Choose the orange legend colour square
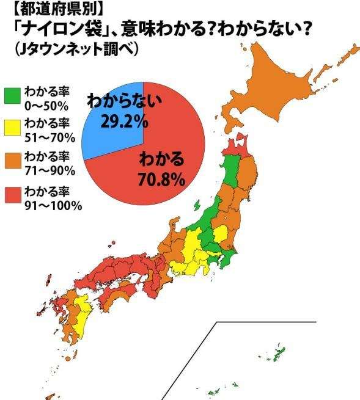12,159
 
